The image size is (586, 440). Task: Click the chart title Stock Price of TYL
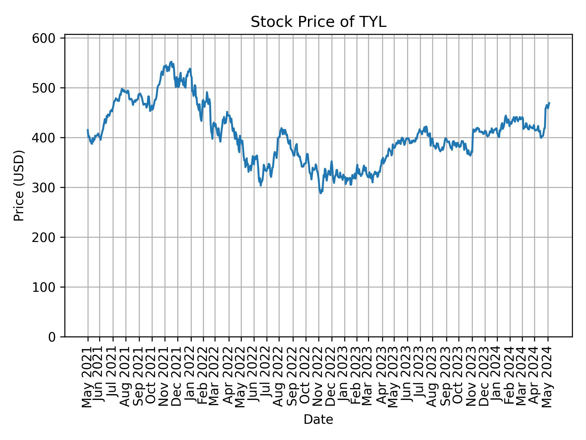318,22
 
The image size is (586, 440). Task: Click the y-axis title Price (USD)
19,185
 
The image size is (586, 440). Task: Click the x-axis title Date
318,420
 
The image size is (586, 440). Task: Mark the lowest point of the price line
320,193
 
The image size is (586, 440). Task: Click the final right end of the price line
549,103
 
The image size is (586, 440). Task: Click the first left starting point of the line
88,130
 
